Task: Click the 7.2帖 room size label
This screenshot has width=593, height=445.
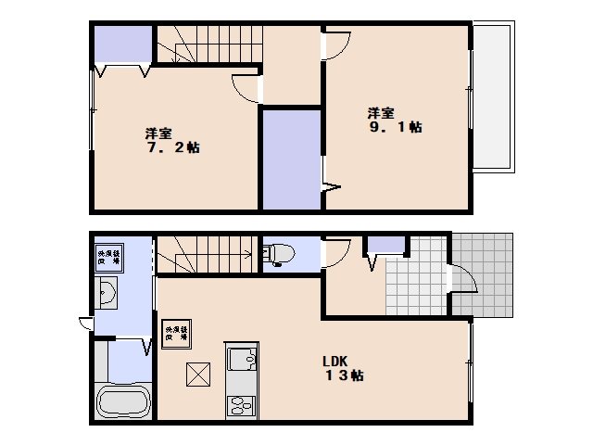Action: pos(175,147)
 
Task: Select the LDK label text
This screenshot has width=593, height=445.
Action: pos(334,361)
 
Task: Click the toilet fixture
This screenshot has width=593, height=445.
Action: pos(278,253)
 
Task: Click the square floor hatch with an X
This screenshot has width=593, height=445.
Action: pos(199,375)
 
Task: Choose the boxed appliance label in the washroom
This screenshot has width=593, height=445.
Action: pos(107,256)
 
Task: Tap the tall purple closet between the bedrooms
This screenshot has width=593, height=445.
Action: pos(291,159)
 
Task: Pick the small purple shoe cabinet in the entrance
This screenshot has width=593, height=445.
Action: pos(387,245)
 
